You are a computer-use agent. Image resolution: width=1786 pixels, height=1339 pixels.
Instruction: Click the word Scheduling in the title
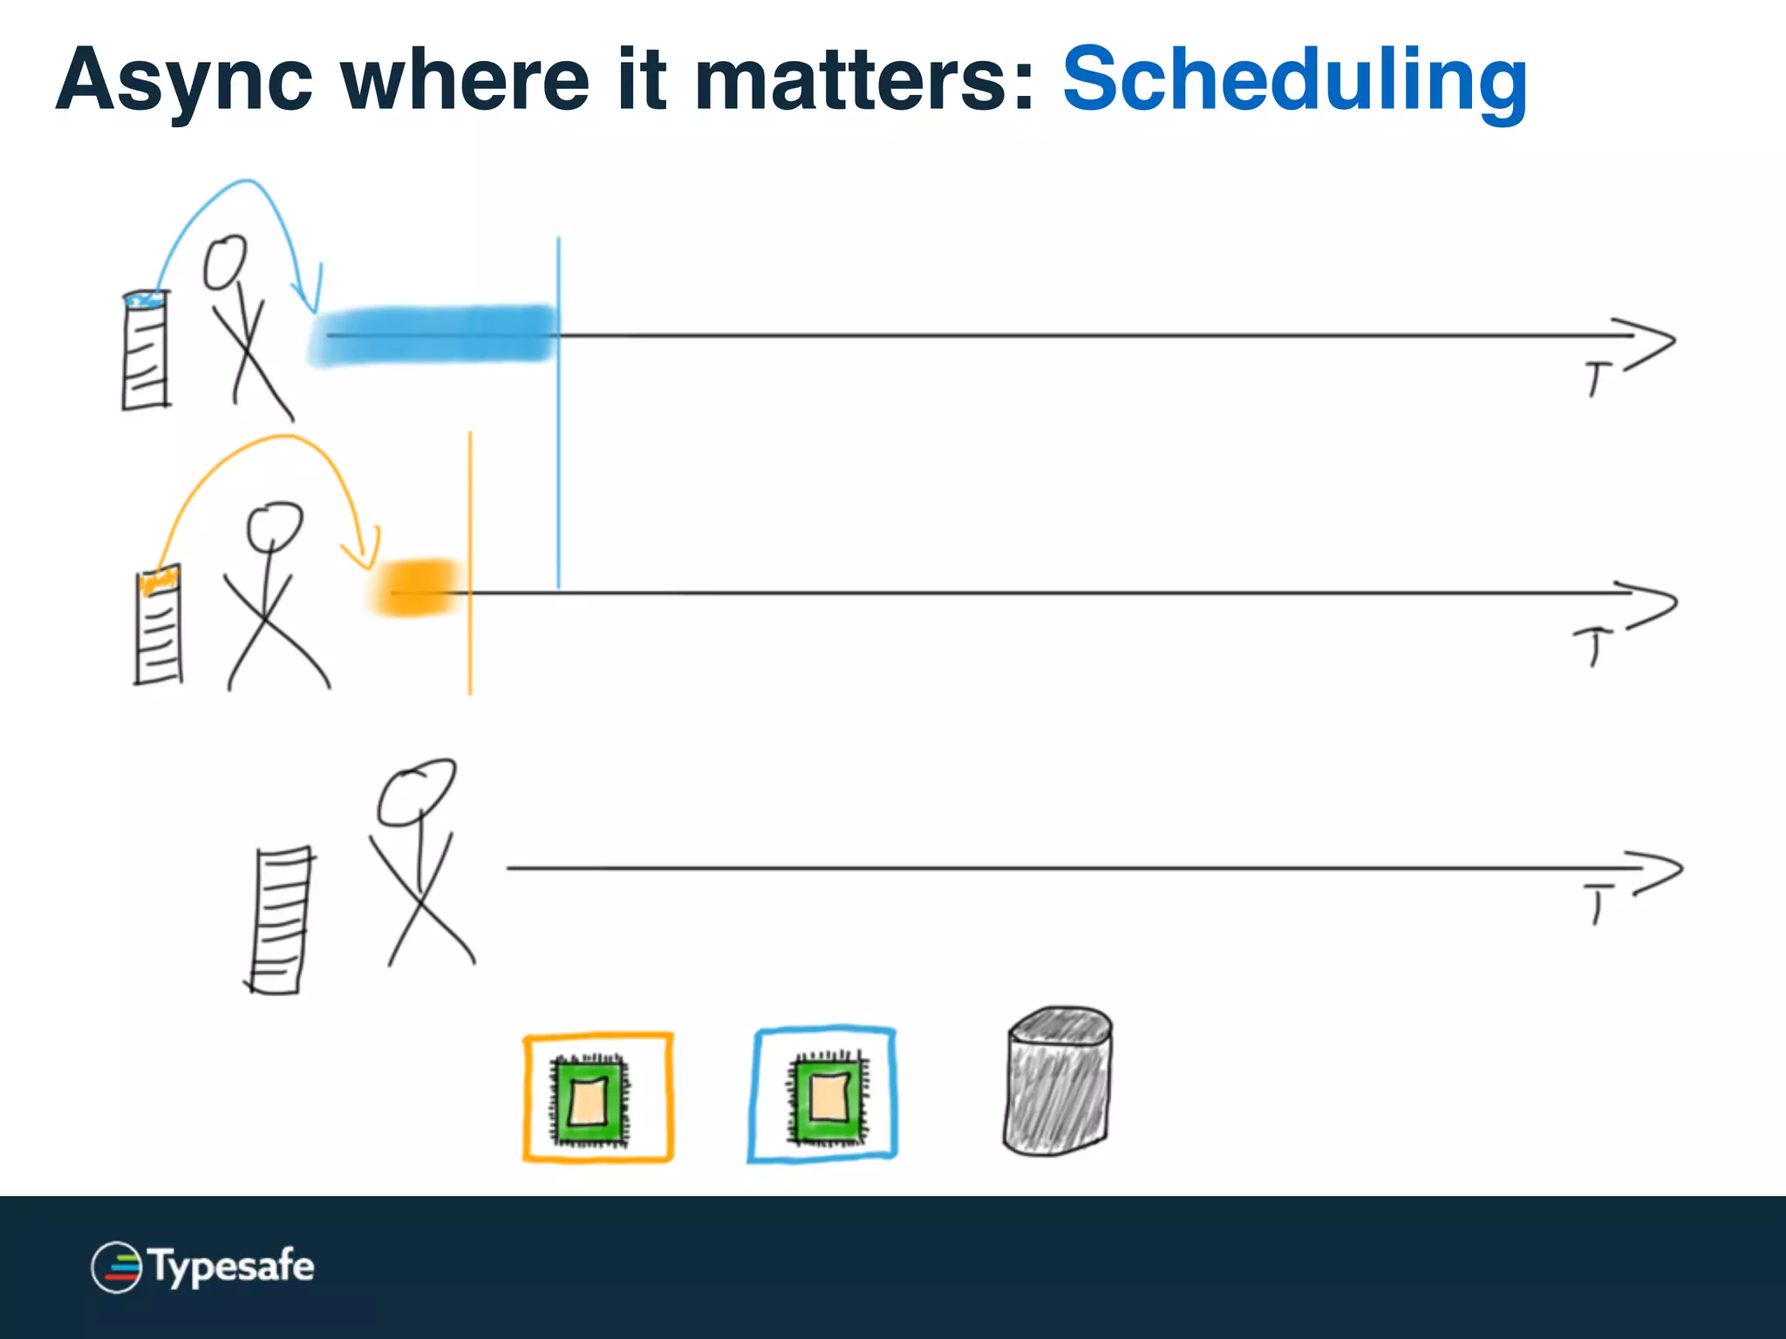[1294, 81]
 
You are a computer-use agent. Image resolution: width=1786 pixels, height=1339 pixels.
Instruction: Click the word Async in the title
[184, 81]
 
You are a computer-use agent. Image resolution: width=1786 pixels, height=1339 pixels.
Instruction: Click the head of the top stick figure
[225, 262]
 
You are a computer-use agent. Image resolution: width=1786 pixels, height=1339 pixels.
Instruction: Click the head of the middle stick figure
[274, 526]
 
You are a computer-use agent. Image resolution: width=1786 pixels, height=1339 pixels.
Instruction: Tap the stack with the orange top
[159, 625]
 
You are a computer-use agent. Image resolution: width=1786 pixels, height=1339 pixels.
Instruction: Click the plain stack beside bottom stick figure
[280, 920]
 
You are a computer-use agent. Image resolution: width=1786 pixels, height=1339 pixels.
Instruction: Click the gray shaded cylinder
[1058, 1082]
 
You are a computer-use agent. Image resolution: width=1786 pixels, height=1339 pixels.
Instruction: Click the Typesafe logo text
[232, 1266]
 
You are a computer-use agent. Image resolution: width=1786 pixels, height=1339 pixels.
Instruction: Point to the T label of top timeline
[1597, 379]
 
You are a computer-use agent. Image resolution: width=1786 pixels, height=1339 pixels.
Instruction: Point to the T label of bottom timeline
[1598, 903]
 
